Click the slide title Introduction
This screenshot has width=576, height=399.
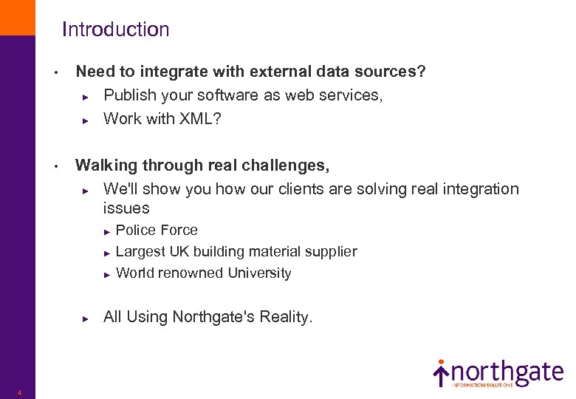pyautogui.click(x=115, y=30)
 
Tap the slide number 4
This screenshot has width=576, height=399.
pyautogui.click(x=20, y=392)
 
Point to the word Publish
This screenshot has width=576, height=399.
pyautogui.click(x=129, y=95)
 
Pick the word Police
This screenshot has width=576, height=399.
pyautogui.click(x=135, y=230)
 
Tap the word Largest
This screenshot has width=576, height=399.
pyautogui.click(x=142, y=251)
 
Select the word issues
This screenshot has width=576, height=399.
pyautogui.click(x=126, y=208)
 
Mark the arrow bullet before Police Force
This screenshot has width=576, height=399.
pyautogui.click(x=107, y=231)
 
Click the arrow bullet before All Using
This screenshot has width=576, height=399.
pyautogui.click(x=86, y=318)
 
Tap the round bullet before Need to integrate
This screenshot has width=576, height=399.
pyautogui.click(x=55, y=73)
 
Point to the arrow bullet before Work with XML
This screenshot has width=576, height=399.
pyautogui.click(x=86, y=120)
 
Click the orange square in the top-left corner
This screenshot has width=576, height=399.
pyautogui.click(x=17, y=17)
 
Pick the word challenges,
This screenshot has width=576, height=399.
pyautogui.click(x=287, y=165)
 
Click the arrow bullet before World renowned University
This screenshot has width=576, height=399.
pyautogui.click(x=107, y=274)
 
